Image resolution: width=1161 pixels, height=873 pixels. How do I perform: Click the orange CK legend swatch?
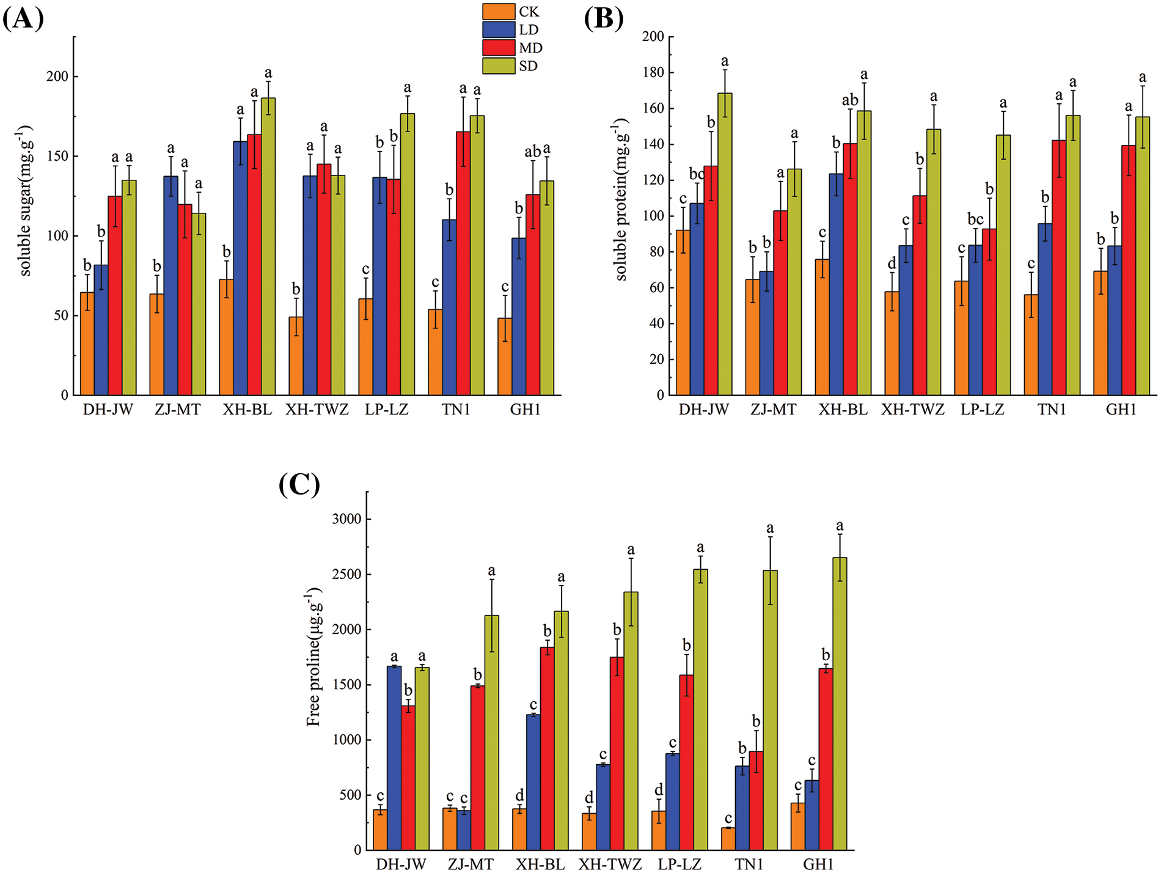click(x=498, y=12)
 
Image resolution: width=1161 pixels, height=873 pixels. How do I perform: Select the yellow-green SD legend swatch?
click(x=498, y=66)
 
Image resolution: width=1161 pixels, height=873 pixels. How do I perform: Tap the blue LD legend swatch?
click(x=498, y=30)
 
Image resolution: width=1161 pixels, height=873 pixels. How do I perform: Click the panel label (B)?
click(x=603, y=19)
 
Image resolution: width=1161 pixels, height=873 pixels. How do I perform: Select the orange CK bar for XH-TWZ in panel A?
click(x=296, y=356)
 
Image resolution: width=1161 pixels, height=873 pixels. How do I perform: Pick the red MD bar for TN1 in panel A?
click(x=463, y=263)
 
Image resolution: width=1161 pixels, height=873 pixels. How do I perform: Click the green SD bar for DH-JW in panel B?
click(x=725, y=244)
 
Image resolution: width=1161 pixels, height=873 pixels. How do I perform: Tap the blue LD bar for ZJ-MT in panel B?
click(x=766, y=333)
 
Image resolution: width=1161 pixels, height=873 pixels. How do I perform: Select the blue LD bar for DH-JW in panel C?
click(x=394, y=758)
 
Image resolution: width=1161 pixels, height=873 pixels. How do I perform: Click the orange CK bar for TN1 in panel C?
click(x=728, y=839)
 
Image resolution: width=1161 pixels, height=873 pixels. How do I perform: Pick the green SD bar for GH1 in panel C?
click(x=840, y=703)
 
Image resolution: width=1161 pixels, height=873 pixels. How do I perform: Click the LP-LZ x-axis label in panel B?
click(x=982, y=410)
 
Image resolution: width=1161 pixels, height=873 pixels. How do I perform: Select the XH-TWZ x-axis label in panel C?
click(x=610, y=864)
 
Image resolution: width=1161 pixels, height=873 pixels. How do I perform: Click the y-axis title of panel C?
click(x=313, y=657)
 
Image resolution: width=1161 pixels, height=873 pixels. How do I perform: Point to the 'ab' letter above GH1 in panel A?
click(x=533, y=152)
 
